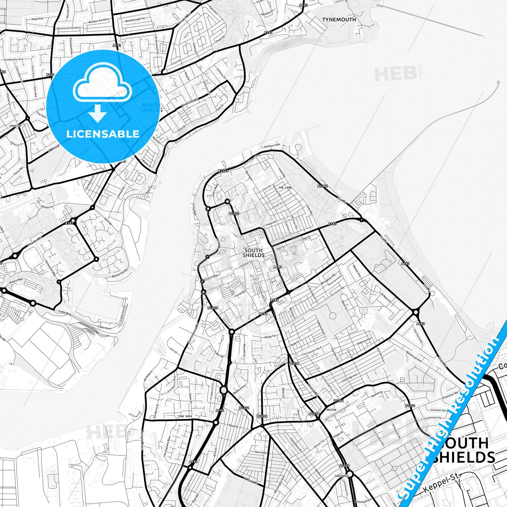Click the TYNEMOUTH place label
[x=339, y=20]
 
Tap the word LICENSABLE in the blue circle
[x=103, y=134]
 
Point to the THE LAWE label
[x=285, y=188]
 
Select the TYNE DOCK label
[x=185, y=416]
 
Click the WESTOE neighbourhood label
[x=331, y=409]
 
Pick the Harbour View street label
[x=272, y=145]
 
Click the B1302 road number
[x=234, y=213]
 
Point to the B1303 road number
[x=212, y=308]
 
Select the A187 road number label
[x=69, y=223]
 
